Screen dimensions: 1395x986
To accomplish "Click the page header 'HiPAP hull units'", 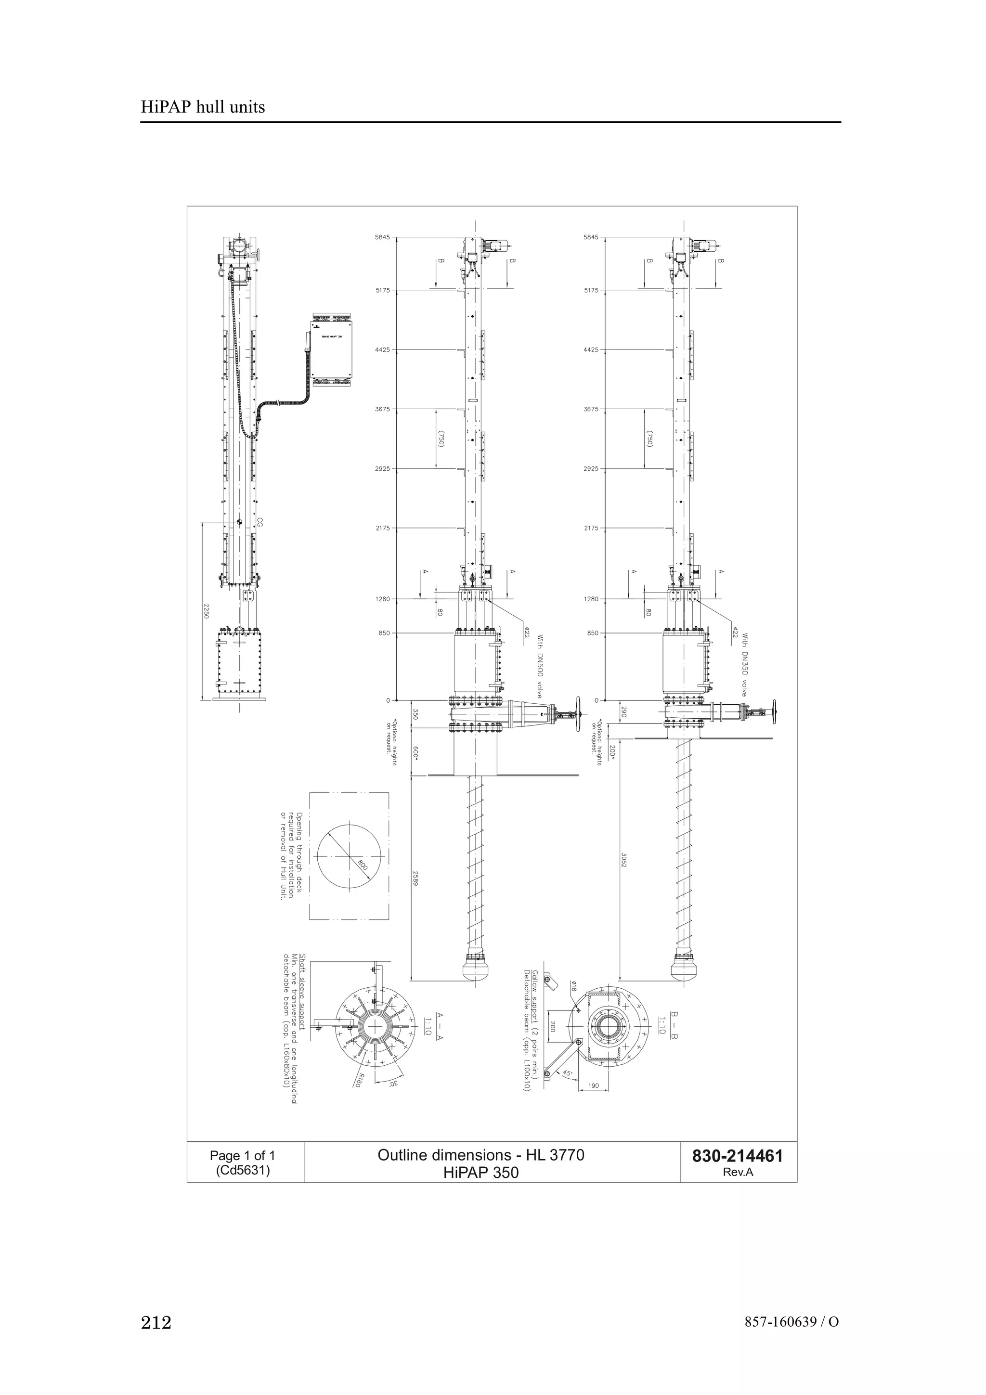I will point(203,107).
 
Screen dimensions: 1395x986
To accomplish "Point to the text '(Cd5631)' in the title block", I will point(242,1170).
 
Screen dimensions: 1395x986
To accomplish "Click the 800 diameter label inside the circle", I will point(363,865).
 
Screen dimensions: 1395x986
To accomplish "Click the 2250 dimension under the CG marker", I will point(206,611).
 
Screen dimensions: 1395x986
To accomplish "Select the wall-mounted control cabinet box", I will point(331,352).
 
